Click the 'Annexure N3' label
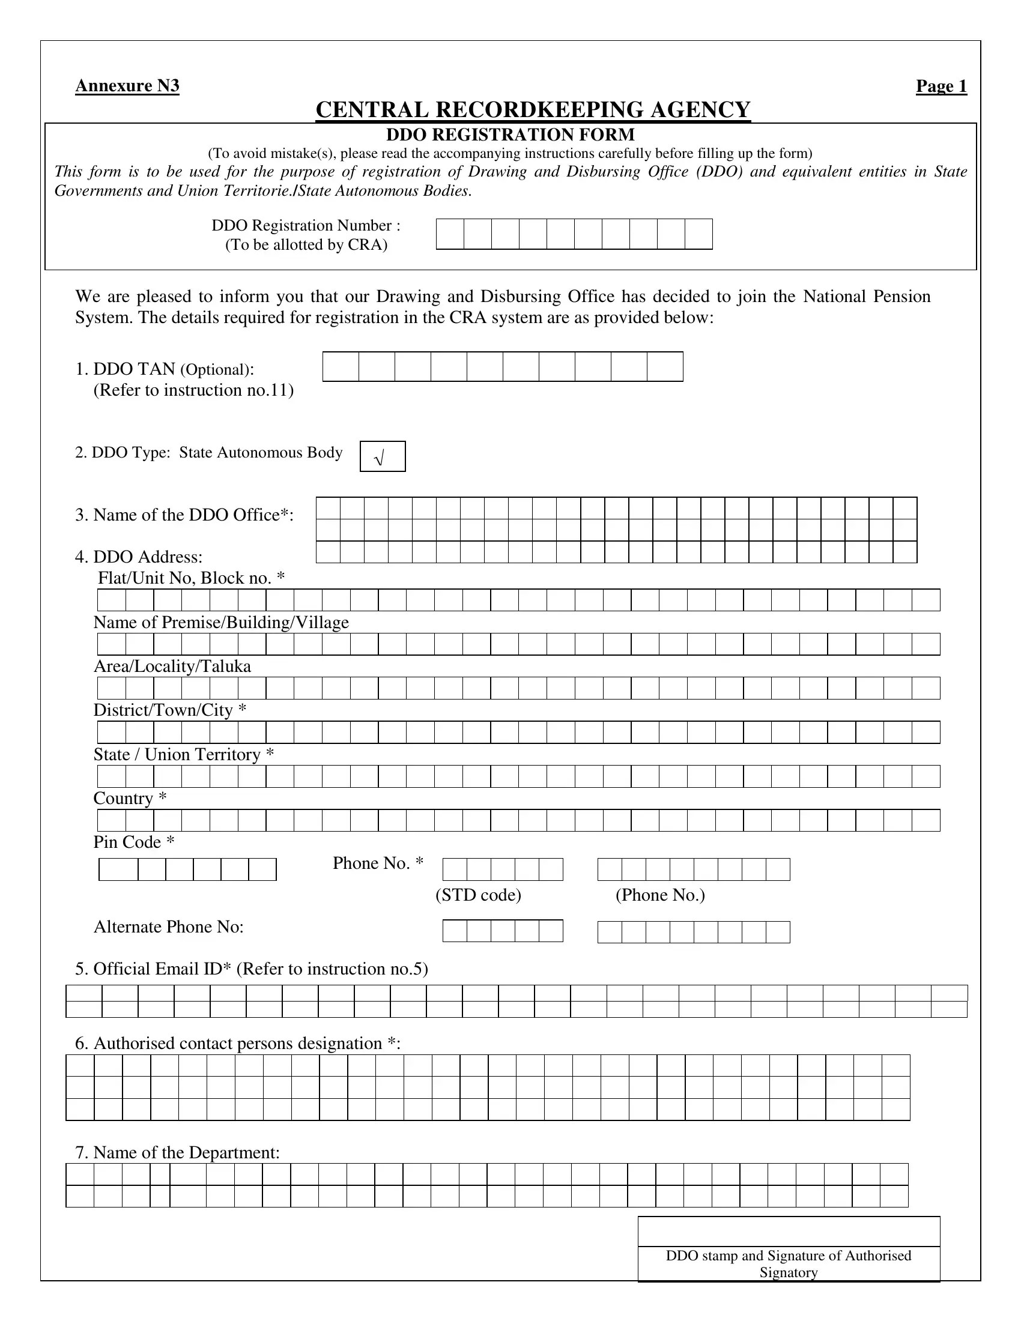pyautogui.click(x=127, y=86)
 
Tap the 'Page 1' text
pyautogui.click(x=941, y=86)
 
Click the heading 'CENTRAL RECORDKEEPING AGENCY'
pyautogui.click(x=533, y=110)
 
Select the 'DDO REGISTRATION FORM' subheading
pyautogui.click(x=510, y=135)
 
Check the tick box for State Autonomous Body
pyautogui.click(x=382, y=457)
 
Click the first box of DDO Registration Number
pyautogui.click(x=450, y=234)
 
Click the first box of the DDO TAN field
pyautogui.click(x=341, y=366)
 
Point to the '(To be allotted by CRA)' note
pyautogui.click(x=306, y=245)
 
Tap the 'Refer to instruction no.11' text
pyautogui.click(x=193, y=390)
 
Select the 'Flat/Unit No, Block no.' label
pyautogui.click(x=191, y=578)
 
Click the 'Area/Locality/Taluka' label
pyautogui.click(x=172, y=667)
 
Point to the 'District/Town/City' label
pyautogui.click(x=170, y=710)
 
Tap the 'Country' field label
pyautogui.click(x=130, y=799)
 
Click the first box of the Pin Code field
pyautogui.click(x=118, y=870)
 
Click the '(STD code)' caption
pyautogui.click(x=478, y=895)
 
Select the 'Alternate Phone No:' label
pyautogui.click(x=169, y=927)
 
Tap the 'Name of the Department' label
pyautogui.click(x=177, y=1153)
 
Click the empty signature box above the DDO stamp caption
pyautogui.click(x=789, y=1232)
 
